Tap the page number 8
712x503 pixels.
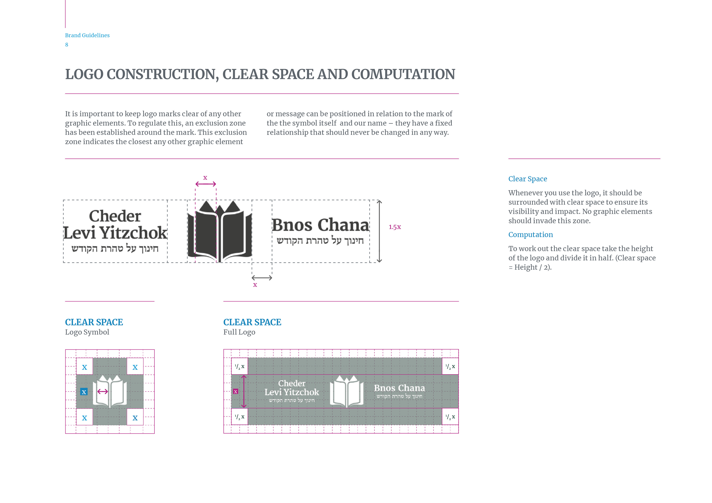(67, 45)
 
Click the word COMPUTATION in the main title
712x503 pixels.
(403, 74)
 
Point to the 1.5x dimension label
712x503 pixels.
(395, 227)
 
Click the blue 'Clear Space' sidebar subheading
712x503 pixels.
(528, 179)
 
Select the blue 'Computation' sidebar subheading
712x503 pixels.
(530, 235)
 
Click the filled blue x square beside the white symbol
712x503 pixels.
(84, 392)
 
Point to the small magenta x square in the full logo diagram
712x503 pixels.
(236, 391)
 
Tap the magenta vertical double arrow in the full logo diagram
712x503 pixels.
(244, 391)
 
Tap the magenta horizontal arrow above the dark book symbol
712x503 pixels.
(206, 184)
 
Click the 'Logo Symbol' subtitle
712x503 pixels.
(87, 332)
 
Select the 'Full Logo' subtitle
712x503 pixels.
(239, 332)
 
